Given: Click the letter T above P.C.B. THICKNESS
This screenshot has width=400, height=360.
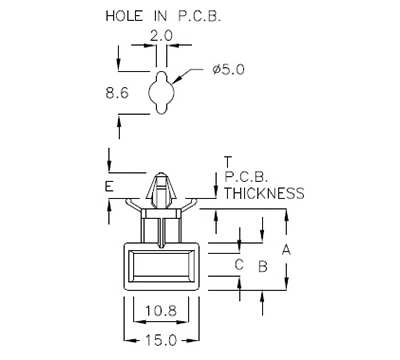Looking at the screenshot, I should (x=229, y=161).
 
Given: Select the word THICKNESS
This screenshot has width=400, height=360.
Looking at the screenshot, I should (x=263, y=193).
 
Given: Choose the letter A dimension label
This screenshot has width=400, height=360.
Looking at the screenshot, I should (x=286, y=249).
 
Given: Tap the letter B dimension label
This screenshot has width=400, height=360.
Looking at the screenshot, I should (x=262, y=267).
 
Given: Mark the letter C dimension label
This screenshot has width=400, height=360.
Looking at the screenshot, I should (x=239, y=265).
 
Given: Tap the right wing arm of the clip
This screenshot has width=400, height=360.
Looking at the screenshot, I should (x=187, y=204).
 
